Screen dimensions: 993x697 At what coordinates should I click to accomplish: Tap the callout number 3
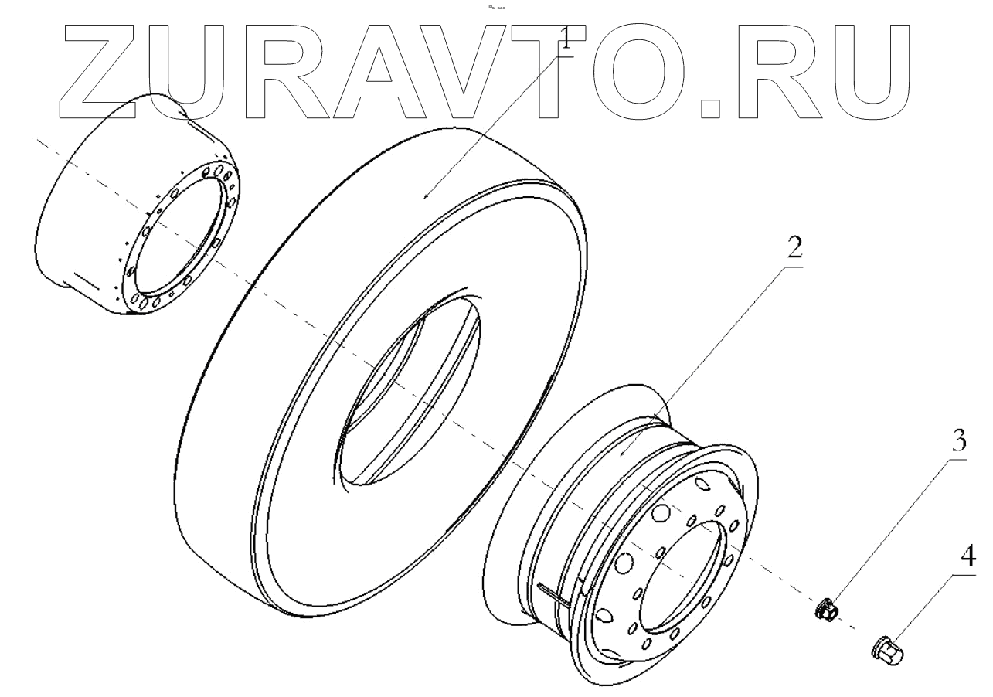coord(958,441)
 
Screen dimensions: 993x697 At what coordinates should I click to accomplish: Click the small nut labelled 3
coord(826,609)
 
